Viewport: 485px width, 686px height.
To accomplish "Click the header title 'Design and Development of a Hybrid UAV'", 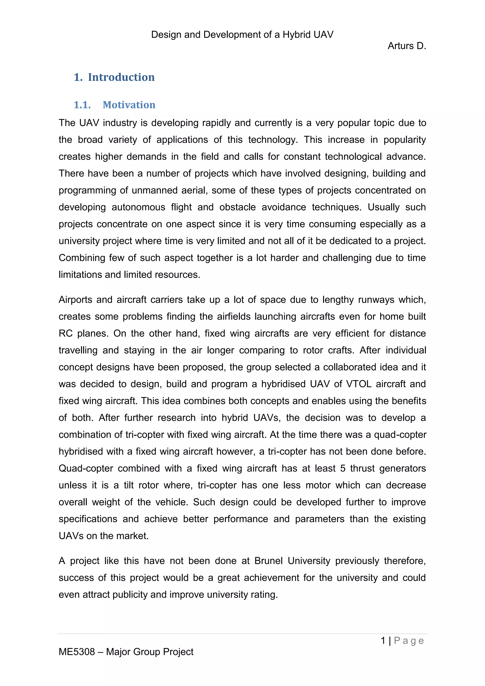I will click(242, 35).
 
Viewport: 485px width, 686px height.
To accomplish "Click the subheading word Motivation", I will click(129, 105).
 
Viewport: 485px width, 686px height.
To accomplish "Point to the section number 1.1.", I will click(82, 105).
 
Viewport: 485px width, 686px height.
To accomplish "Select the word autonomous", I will click(138, 207).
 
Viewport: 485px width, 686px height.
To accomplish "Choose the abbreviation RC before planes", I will click(65, 334).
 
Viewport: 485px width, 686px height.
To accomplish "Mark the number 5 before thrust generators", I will click(343, 468).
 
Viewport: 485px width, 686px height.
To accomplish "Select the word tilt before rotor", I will click(129, 485).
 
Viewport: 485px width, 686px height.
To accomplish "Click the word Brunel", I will click(269, 561).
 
